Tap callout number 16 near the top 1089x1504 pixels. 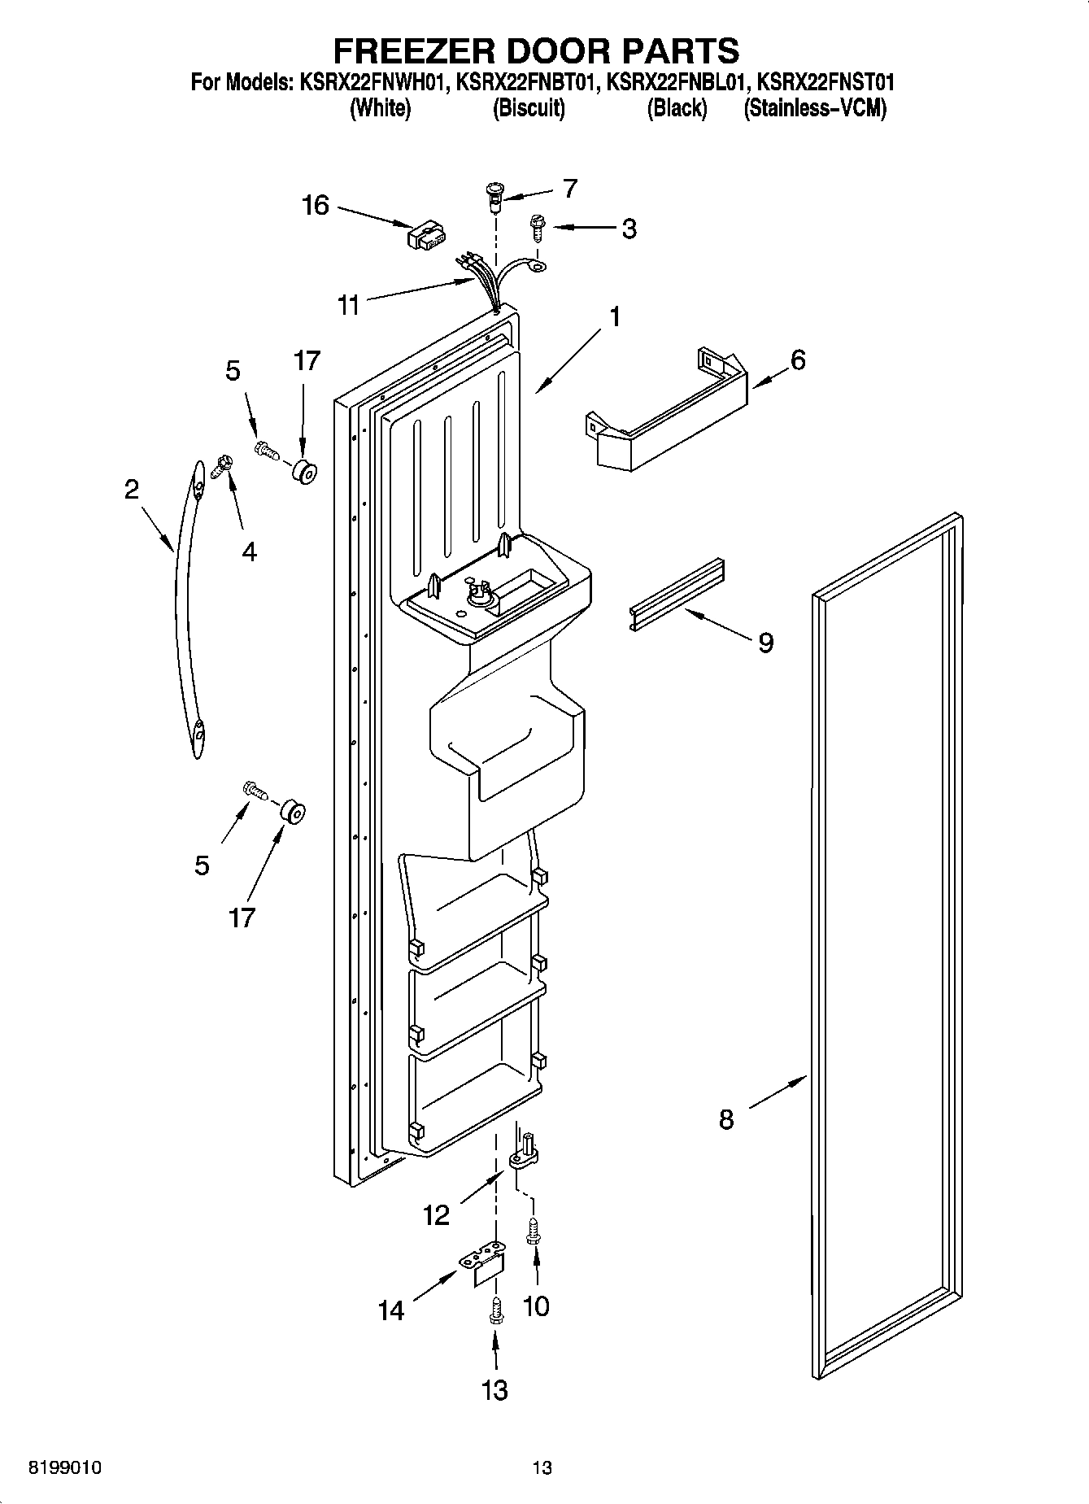coord(316,205)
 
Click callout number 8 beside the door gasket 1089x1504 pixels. coord(726,1120)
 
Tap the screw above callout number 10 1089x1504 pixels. coord(534,1231)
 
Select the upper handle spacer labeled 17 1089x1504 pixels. coord(304,470)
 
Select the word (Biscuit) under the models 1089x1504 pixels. coord(529,108)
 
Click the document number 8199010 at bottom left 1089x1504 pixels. coord(65,1467)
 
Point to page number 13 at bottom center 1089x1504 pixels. coord(542,1467)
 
